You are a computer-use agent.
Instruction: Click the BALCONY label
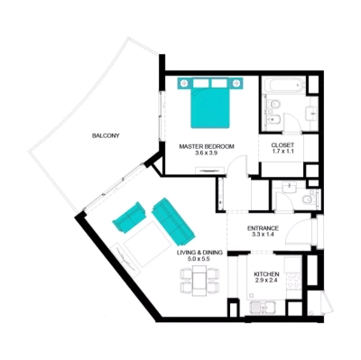pyautogui.click(x=106, y=135)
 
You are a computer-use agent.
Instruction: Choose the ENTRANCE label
pyautogui.click(x=263, y=228)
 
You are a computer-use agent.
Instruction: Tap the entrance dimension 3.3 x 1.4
pyautogui.click(x=263, y=236)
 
